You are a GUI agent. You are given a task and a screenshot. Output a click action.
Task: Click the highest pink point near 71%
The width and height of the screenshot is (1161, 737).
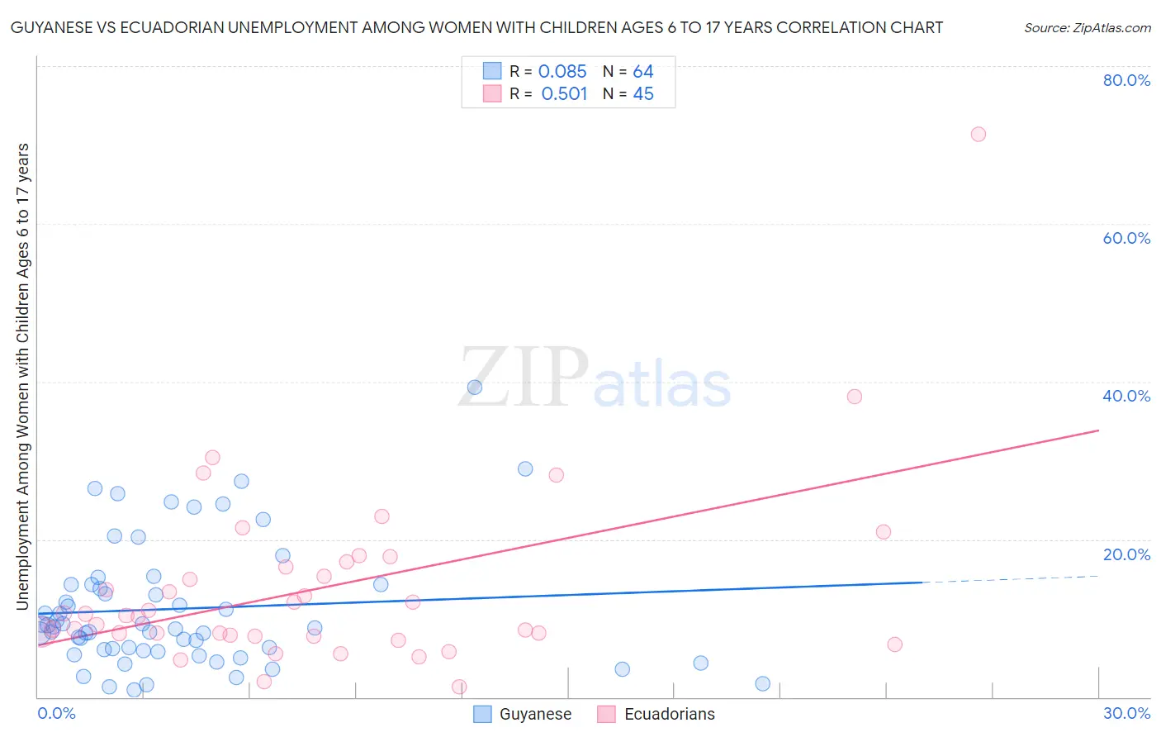pyautogui.click(x=978, y=134)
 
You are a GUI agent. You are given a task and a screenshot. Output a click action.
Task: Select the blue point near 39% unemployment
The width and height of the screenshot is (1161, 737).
pyautogui.click(x=474, y=387)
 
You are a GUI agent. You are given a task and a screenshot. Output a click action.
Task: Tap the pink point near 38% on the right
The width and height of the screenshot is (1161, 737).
pyautogui.click(x=854, y=397)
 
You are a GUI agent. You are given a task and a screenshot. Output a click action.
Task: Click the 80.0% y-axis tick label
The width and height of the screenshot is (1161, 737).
pyautogui.click(x=1126, y=80)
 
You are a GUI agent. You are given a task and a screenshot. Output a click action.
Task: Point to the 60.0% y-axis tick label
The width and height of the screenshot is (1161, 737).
pyautogui.click(x=1126, y=238)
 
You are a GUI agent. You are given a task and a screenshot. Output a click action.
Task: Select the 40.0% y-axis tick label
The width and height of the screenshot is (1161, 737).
pyautogui.click(x=1126, y=396)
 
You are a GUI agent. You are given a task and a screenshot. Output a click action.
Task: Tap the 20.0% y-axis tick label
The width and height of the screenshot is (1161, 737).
pyautogui.click(x=1126, y=554)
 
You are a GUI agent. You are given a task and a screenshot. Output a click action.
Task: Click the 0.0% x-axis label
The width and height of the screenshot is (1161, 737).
pyautogui.click(x=56, y=713)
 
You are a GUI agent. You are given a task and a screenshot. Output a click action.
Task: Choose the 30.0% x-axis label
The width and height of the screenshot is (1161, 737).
pyautogui.click(x=1126, y=713)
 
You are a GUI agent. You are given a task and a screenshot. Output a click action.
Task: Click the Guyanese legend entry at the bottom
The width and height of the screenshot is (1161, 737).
pyautogui.click(x=523, y=714)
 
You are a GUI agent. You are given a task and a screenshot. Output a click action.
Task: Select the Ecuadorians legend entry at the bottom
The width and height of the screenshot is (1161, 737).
pyautogui.click(x=656, y=714)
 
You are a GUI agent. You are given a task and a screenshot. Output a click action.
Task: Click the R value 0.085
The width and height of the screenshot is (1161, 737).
pyautogui.click(x=562, y=72)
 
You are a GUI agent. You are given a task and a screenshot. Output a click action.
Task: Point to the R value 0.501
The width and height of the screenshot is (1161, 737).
pyautogui.click(x=564, y=94)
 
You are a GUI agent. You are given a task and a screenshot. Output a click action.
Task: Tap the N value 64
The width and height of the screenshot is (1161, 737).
pyautogui.click(x=643, y=72)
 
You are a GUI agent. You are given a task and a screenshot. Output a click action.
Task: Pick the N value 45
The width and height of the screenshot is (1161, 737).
pyautogui.click(x=643, y=94)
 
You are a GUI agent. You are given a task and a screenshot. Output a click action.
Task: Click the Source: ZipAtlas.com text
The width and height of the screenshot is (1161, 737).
pyautogui.click(x=1087, y=28)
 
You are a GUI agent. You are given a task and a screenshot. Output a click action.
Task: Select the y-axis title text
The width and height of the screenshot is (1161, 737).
pyautogui.click(x=23, y=376)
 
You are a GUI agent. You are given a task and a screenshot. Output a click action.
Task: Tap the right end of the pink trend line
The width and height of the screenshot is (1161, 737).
pyautogui.click(x=1098, y=430)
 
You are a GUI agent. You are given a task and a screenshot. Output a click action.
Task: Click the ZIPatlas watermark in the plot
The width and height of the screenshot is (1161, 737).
pyautogui.click(x=595, y=378)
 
